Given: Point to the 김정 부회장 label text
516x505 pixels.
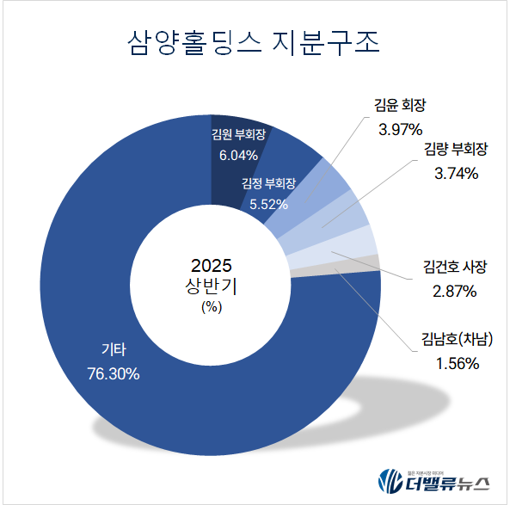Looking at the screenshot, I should (x=269, y=184).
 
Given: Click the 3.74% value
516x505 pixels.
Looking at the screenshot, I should (x=456, y=173).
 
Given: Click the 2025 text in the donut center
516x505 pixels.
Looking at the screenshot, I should (x=212, y=265).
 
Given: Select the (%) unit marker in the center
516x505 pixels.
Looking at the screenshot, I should (x=212, y=305).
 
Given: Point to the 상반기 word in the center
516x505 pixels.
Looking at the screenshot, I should (x=212, y=286).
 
